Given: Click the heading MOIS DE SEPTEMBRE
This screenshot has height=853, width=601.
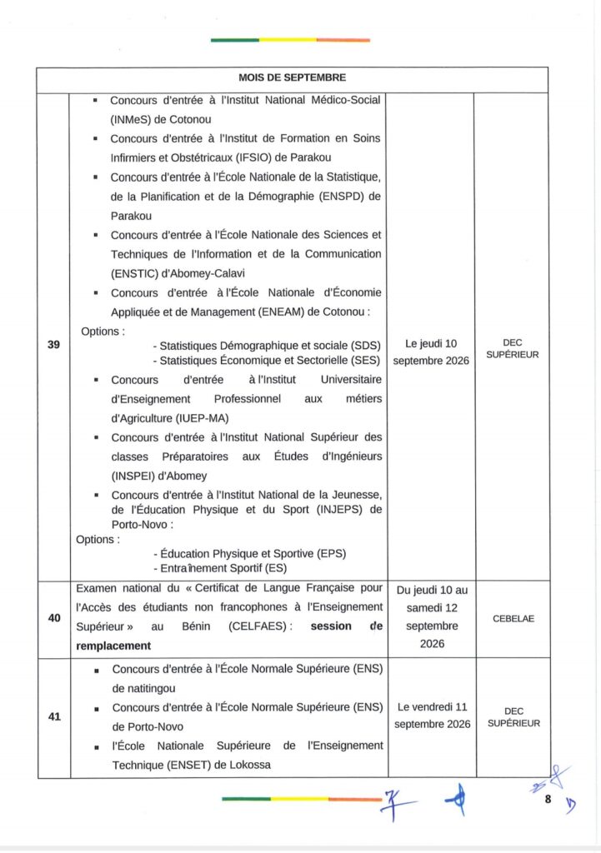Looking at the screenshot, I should click(292, 77).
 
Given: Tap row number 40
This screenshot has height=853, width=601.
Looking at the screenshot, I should click(53, 618).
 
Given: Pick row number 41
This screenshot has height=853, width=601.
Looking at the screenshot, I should click(53, 716).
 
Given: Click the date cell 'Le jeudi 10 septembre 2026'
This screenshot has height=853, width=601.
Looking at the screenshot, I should click(431, 352).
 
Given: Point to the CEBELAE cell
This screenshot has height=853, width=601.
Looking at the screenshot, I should click(513, 619).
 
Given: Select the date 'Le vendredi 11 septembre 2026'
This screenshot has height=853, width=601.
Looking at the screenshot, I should click(432, 716).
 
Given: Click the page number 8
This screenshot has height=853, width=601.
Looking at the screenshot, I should click(548, 800).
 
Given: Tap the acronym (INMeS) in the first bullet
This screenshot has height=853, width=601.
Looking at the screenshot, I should click(133, 118).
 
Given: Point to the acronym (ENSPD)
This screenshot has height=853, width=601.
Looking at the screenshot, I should click(337, 196).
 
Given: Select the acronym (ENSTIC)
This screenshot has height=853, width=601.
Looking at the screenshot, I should click(138, 272).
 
